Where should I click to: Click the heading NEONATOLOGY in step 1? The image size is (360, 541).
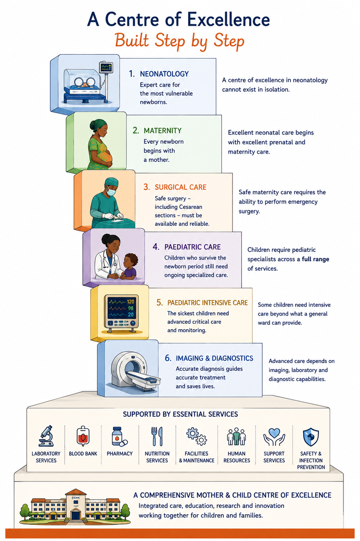point(164,74)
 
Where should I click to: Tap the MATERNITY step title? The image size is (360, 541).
point(163,131)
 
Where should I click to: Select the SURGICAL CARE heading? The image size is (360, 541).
point(181,187)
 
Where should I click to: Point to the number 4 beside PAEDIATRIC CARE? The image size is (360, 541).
point(156,247)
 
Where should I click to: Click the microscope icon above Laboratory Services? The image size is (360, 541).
point(46,436)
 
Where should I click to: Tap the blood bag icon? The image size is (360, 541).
point(83,436)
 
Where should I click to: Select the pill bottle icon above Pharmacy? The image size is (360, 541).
point(119,436)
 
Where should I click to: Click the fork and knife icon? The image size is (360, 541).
point(157,436)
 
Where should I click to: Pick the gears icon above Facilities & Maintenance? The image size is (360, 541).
point(196,436)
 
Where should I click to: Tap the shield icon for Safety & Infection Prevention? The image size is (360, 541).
point(311,437)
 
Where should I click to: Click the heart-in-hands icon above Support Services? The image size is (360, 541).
point(274,437)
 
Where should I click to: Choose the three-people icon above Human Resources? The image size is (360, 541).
point(236,436)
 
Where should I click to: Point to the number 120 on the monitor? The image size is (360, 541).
point(131,302)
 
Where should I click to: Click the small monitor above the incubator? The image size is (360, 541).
point(106,67)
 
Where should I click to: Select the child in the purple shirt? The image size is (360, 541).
point(129,267)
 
